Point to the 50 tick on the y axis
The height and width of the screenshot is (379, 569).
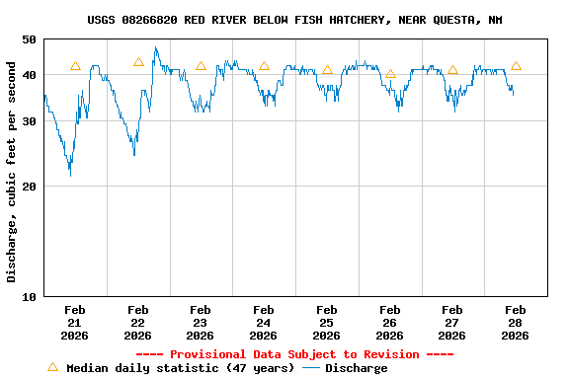[27, 39]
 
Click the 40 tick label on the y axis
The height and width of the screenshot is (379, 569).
[27, 75]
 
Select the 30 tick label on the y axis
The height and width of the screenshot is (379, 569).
[27, 120]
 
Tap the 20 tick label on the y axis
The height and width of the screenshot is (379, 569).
[27, 186]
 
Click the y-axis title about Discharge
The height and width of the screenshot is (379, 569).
[12, 172]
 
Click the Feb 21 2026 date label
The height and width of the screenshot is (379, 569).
[75, 322]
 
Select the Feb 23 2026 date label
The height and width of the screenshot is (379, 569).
[201, 322]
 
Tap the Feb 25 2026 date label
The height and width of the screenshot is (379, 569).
[326, 322]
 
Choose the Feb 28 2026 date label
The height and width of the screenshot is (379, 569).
[515, 322]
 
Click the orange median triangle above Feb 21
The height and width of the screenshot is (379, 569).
[75, 66]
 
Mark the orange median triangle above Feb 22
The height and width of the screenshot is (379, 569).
[138, 62]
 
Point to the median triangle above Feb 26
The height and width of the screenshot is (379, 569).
[390, 74]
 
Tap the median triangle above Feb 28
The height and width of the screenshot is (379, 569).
[516, 66]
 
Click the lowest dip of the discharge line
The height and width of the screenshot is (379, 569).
[69, 175]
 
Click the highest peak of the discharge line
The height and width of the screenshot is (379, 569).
[155, 47]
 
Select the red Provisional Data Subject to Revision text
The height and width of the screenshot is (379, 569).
[294, 354]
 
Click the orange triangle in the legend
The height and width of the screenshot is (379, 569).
[52, 367]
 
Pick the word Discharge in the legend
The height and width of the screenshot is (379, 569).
[357, 368]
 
